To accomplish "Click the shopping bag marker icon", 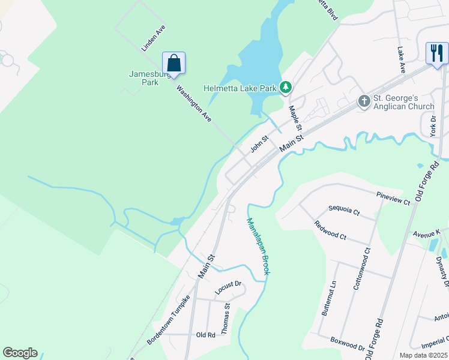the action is point(173,63).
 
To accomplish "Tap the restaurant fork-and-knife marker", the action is point(436,53).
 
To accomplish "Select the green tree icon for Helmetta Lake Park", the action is point(286,88).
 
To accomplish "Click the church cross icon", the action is point(364,101).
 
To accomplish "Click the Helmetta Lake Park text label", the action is point(240,88).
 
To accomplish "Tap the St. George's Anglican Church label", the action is point(403,102).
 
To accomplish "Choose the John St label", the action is point(259,145).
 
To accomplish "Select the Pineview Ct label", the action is point(393,199).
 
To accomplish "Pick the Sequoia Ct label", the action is point(343,212).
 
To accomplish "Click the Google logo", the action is point(20,353).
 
